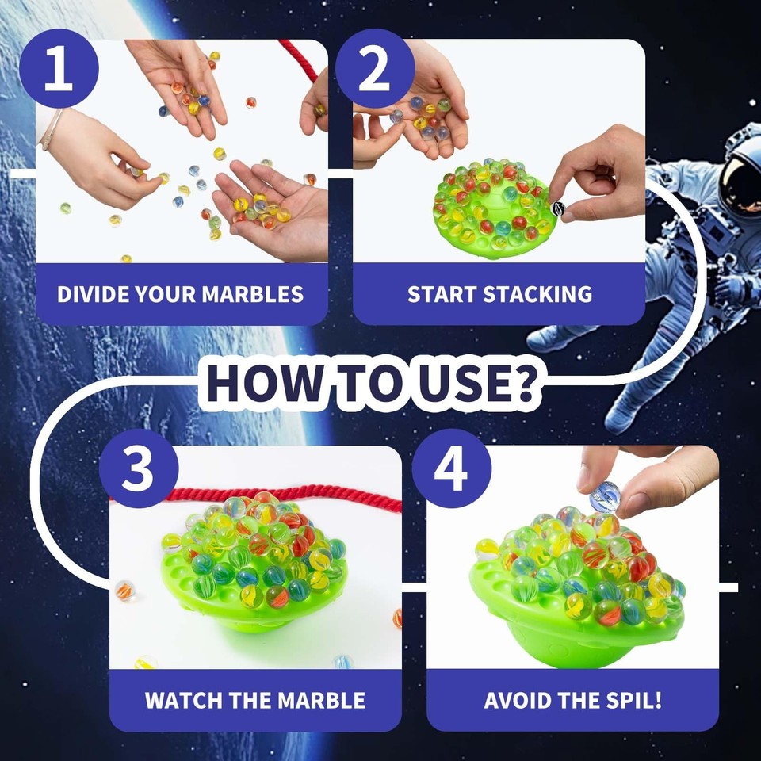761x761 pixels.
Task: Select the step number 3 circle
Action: (x=139, y=468)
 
